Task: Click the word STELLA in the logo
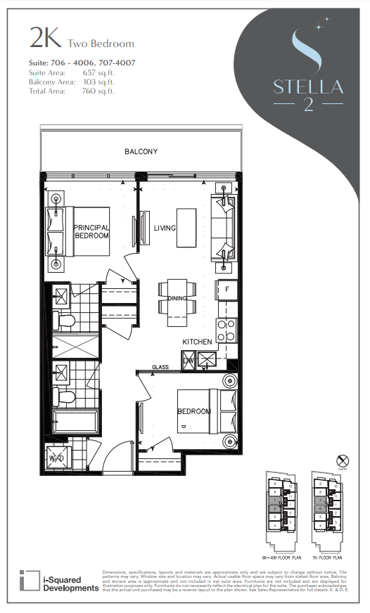coord(309,87)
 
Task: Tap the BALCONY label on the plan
coord(141,152)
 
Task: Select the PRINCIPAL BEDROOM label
coord(91,231)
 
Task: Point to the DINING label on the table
coord(177,299)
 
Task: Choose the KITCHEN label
coord(197,342)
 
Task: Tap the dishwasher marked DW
coord(189,360)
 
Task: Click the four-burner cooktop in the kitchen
coord(228,330)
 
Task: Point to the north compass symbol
coord(343,461)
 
